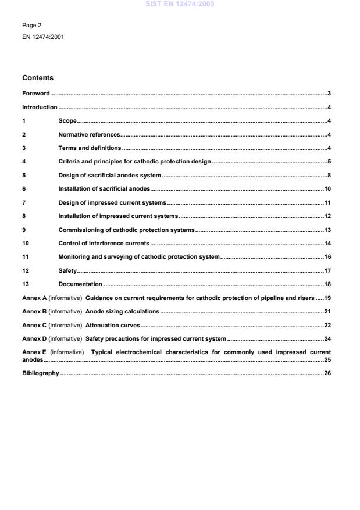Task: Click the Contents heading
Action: point(38,77)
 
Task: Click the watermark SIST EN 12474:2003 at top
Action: point(180,3)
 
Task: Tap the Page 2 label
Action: point(31,26)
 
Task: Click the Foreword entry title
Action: point(35,94)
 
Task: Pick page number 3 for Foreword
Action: point(329,94)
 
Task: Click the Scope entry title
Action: point(67,121)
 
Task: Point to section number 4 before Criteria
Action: point(24,162)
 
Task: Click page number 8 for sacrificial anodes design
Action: point(329,175)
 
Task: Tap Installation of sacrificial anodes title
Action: point(104,189)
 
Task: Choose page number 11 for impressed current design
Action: point(327,202)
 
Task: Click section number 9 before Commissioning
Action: point(24,230)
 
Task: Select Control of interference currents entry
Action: point(104,243)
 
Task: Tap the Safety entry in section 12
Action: point(67,270)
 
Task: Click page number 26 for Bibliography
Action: point(327,373)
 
